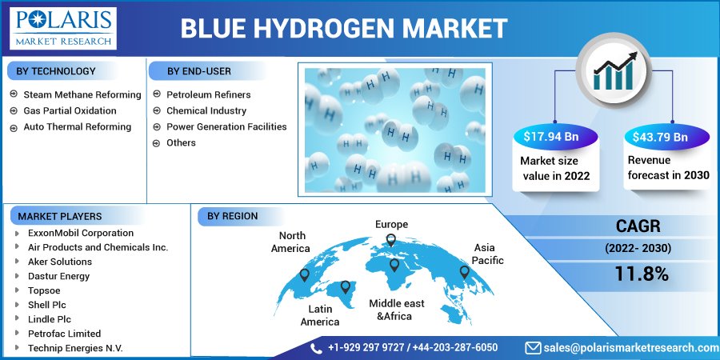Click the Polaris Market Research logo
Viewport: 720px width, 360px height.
[x=63, y=28]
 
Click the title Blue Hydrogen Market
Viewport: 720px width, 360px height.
[x=344, y=29]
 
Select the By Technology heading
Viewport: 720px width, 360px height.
[x=55, y=71]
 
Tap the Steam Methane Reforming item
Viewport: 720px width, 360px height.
[x=82, y=94]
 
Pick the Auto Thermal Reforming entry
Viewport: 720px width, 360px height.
[x=77, y=126]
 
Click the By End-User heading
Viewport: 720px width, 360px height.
[x=199, y=71]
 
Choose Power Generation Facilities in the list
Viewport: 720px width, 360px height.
[x=226, y=126]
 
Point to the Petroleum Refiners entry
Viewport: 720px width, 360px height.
[x=209, y=94]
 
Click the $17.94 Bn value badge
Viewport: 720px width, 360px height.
[x=554, y=136]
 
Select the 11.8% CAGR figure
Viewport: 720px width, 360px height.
[x=642, y=274]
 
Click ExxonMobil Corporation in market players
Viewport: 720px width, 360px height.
[x=81, y=233]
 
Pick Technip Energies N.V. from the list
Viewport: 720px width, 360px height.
[x=75, y=348]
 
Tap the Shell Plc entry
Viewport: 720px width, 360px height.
[x=47, y=305]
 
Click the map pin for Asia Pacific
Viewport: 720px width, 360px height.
[x=464, y=272]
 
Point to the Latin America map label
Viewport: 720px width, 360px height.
[x=320, y=315]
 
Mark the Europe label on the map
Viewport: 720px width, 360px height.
[x=391, y=225]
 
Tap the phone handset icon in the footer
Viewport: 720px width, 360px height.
[x=316, y=348]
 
